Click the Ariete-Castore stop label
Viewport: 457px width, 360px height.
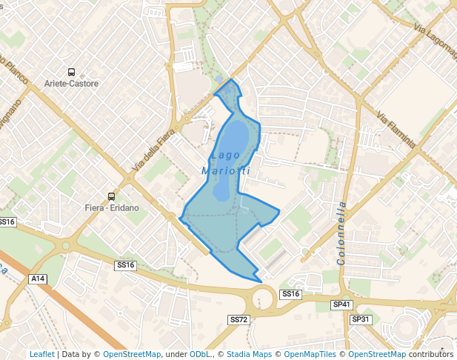(x=71, y=84)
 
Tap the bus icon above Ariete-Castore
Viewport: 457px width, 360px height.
(x=71, y=72)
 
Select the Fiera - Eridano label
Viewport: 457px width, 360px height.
(x=112, y=208)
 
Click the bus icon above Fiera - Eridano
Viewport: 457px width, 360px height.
(x=111, y=196)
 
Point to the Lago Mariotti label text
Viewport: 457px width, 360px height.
(x=226, y=163)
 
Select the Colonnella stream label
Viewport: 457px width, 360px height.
(x=341, y=233)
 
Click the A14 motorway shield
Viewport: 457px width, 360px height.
(x=38, y=279)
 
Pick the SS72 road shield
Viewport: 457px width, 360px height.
(x=238, y=319)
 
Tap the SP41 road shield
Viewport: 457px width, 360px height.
(x=341, y=304)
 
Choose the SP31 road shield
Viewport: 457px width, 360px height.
(x=361, y=319)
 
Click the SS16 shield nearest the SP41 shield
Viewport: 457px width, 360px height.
(x=290, y=294)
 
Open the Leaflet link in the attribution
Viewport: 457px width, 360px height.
(x=41, y=354)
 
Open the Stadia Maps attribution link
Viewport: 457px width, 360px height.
(x=249, y=354)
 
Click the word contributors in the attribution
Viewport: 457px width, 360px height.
(x=430, y=354)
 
